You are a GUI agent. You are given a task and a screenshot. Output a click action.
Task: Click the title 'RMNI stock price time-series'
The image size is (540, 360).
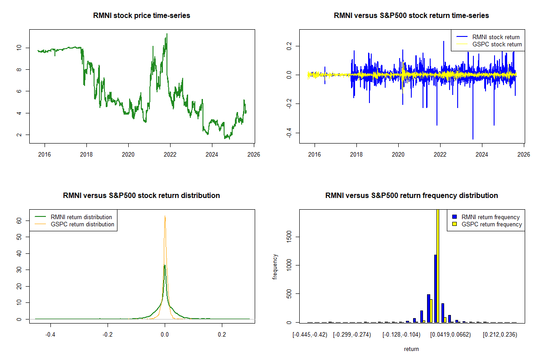142,16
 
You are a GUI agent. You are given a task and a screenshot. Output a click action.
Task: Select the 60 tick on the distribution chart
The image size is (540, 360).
19,220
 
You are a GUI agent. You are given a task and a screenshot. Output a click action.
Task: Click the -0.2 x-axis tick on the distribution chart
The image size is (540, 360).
108,335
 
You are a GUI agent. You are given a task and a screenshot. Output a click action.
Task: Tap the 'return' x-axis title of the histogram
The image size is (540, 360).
411,349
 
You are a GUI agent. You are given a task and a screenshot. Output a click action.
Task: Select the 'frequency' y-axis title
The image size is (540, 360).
275,267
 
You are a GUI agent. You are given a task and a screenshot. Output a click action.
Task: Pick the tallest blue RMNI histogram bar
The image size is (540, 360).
435,288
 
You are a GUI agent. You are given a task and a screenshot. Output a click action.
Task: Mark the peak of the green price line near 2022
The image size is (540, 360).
167,34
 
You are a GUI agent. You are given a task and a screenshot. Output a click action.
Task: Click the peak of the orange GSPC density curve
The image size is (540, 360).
165,216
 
